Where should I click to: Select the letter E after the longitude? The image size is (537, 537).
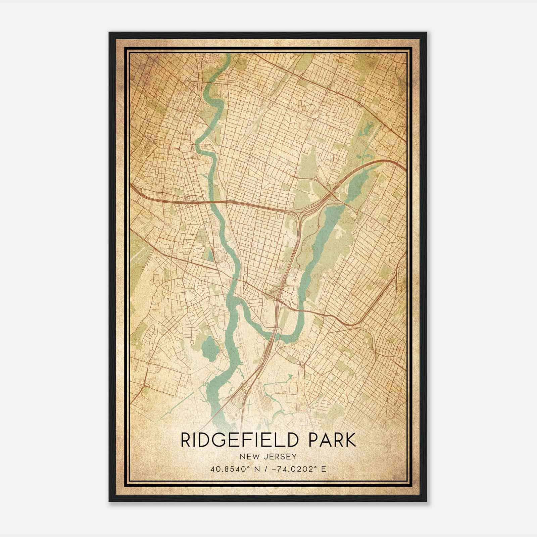324,469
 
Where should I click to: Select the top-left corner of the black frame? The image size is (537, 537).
109,33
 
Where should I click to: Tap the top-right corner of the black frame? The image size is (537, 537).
426,33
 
